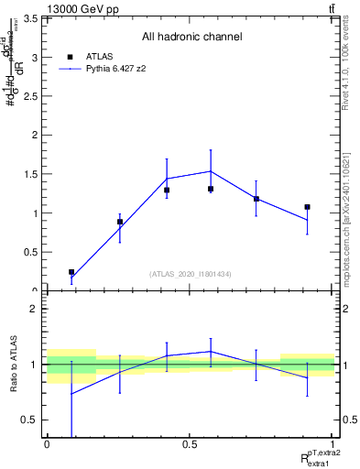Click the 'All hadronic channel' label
(x=191, y=38)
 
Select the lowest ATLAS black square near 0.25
(x=71, y=272)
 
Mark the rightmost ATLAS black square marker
(x=307, y=207)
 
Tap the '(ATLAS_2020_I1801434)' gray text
(x=191, y=274)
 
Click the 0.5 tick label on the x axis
(x=189, y=443)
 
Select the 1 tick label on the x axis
(x=333, y=443)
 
